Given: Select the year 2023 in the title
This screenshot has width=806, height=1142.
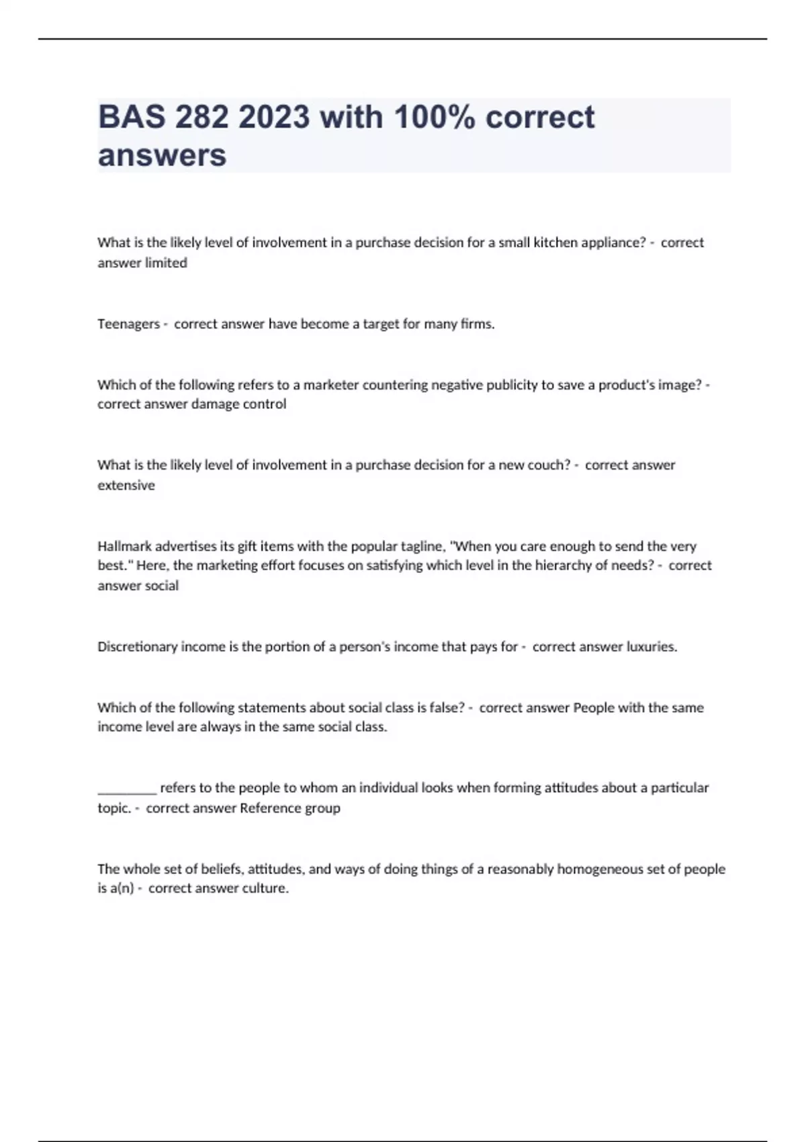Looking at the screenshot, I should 274,118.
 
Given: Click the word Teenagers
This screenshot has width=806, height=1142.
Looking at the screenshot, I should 128,324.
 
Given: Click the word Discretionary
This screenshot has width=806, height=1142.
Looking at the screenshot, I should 138,647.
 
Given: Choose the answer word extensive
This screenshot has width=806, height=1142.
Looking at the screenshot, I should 126,486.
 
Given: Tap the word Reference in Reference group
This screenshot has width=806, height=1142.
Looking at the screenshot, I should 271,808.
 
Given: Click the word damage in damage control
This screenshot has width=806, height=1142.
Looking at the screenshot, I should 211,404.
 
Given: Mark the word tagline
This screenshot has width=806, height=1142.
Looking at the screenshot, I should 422,546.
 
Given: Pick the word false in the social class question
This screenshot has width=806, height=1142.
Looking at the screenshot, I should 445,707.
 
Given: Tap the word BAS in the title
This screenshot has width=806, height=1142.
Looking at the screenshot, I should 132,118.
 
